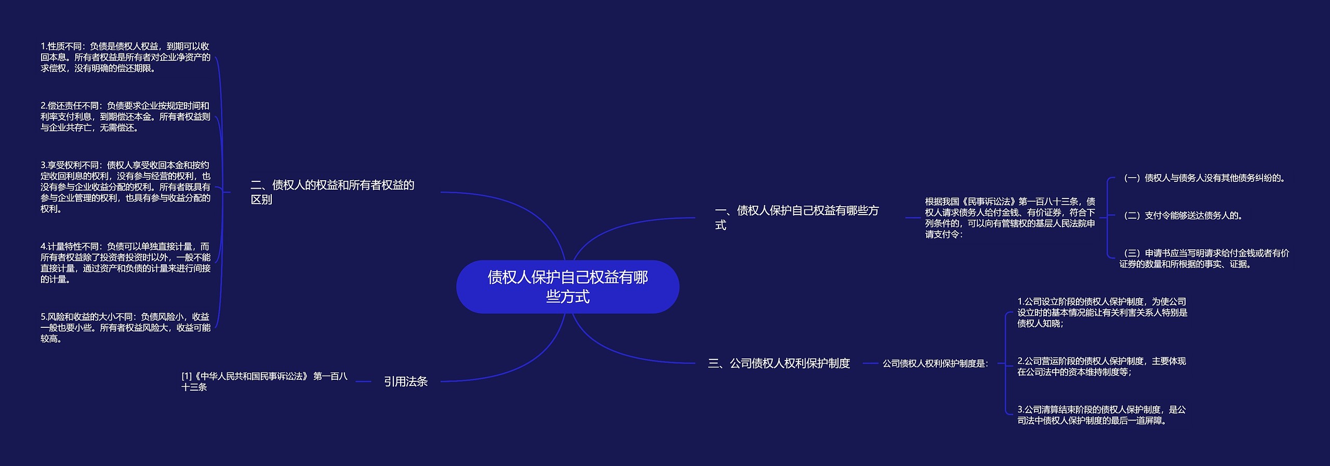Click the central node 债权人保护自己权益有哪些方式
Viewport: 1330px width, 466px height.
pos(567,287)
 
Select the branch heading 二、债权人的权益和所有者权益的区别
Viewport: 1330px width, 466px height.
pos(332,192)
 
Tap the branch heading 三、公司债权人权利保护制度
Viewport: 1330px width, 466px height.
pos(779,363)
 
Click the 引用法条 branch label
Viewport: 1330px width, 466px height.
pos(405,381)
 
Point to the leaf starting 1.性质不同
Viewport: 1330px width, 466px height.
pos(125,57)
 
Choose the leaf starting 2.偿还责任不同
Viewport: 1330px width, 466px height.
pos(125,117)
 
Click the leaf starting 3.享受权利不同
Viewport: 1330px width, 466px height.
pos(125,187)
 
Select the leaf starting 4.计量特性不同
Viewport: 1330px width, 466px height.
pos(125,263)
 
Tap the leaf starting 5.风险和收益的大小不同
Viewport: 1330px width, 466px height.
pos(125,327)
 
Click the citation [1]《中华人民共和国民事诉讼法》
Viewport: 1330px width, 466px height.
pos(264,381)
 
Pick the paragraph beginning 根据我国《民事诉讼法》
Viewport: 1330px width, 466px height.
pos(1009,218)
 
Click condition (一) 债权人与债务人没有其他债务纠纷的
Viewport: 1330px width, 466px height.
pos(1204,178)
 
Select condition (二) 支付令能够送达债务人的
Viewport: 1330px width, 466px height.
pos(1182,216)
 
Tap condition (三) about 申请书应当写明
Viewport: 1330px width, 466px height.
pos(1204,259)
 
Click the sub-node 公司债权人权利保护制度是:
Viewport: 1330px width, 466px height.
pos(935,364)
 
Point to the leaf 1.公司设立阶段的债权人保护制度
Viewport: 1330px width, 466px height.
pos(1102,312)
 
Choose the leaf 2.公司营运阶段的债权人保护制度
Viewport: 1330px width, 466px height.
pos(1101,366)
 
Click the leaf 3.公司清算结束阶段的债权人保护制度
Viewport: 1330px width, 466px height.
pos(1101,415)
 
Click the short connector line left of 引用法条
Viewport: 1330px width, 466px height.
pos(363,382)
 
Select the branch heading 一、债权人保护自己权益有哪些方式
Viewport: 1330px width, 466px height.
pos(796,218)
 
